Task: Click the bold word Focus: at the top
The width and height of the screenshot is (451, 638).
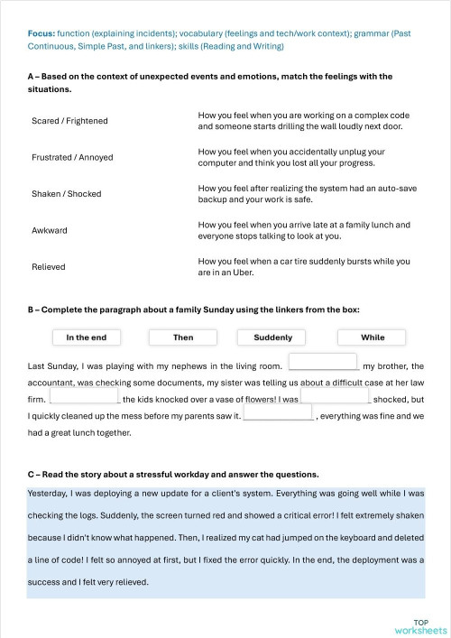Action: (x=41, y=32)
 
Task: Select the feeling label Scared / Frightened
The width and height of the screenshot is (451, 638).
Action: (x=69, y=121)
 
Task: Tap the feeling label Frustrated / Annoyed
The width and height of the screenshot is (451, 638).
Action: (x=72, y=157)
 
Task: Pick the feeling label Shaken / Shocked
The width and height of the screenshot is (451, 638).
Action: (x=67, y=194)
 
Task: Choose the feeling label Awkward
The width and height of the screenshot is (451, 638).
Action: (x=50, y=230)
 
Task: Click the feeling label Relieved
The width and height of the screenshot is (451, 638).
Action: (x=49, y=267)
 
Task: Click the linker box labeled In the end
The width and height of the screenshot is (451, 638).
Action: (x=87, y=337)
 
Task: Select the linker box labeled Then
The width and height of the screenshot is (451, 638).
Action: (x=183, y=337)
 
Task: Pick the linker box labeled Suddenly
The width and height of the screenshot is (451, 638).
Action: (x=273, y=337)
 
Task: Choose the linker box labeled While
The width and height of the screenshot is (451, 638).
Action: (x=373, y=337)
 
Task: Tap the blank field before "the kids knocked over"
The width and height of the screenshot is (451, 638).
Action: (x=84, y=396)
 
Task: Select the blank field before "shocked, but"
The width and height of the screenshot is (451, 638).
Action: (x=335, y=396)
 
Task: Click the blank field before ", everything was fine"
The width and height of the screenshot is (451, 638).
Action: (x=278, y=413)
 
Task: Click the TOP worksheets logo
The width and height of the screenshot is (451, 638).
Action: (x=420, y=625)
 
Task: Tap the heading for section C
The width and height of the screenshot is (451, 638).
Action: (x=173, y=474)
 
